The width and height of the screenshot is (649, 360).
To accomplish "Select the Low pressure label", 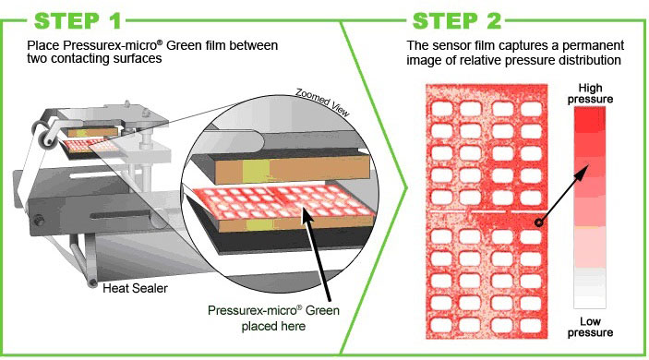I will (590, 325).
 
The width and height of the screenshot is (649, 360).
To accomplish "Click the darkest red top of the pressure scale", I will (590, 117).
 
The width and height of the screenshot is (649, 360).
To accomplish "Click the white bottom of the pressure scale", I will (590, 297).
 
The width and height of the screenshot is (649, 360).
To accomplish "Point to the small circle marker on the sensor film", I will (537, 222).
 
